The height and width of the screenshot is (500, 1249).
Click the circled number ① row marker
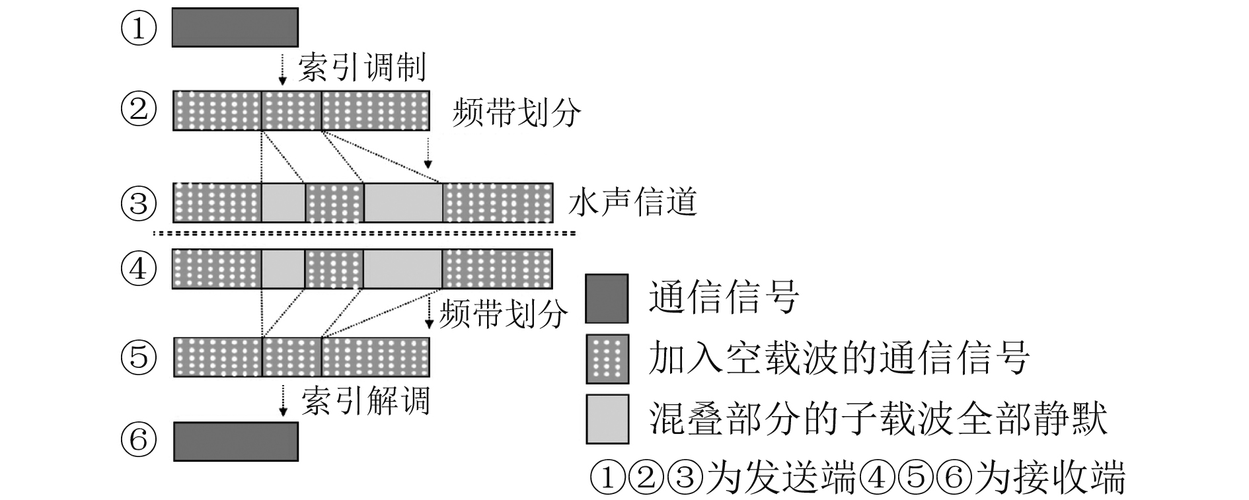139,29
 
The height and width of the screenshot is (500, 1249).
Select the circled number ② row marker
139,110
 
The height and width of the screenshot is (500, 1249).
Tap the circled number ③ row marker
139,203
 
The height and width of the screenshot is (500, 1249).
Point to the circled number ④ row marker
139,269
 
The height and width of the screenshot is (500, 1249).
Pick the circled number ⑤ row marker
139,357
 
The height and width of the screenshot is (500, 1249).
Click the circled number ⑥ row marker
139,441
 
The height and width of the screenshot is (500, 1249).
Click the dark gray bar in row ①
235,28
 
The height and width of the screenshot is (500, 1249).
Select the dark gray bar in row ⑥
235,441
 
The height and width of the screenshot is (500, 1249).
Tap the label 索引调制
361,67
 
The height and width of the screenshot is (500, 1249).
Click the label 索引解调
365,401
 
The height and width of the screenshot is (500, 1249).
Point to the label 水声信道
632,202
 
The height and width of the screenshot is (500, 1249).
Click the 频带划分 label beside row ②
516,113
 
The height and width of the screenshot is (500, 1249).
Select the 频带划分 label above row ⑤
503,314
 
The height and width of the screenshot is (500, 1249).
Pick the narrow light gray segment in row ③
284,203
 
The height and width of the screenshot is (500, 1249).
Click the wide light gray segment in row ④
402,269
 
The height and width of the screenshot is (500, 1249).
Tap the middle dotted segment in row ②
291,110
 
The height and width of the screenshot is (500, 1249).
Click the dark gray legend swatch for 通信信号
607,298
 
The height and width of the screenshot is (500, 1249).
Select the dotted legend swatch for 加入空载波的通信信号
607,359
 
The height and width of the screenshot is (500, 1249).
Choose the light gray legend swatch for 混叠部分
607,419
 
